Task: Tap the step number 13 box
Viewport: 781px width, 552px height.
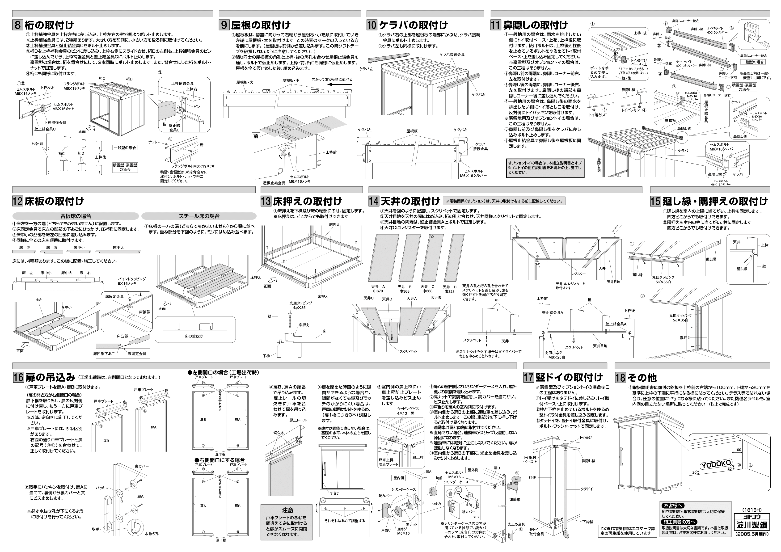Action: pos(266,201)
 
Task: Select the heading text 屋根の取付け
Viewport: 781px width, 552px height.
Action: pos(261,25)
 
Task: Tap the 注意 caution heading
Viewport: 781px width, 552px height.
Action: pos(287,510)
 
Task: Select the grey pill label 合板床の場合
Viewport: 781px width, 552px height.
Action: pos(76,216)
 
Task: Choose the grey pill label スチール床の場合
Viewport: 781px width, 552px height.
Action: pos(199,216)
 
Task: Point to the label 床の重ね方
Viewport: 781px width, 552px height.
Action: pos(194,336)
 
